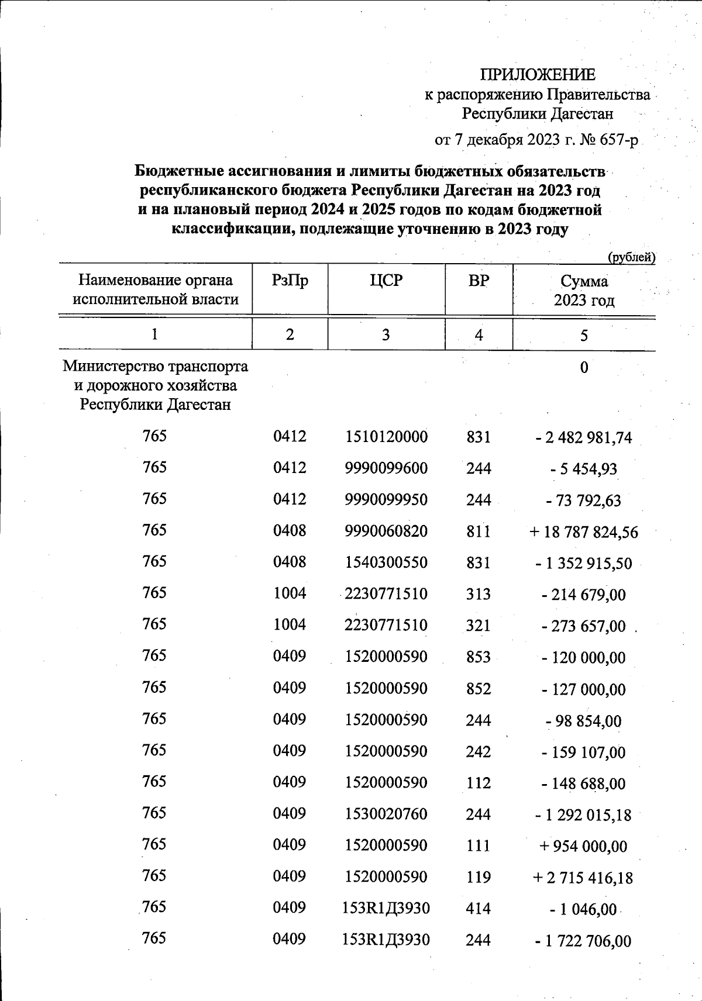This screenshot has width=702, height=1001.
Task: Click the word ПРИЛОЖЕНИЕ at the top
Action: [538, 74]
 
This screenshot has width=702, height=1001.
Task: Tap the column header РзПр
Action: [290, 281]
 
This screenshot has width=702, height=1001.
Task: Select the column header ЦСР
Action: [386, 281]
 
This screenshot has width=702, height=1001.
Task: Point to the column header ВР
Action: [479, 281]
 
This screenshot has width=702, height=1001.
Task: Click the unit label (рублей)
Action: [631, 257]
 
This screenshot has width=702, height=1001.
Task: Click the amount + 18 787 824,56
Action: [584, 532]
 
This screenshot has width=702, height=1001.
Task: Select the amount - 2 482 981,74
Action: [584, 438]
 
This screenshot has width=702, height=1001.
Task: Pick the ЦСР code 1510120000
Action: [386, 437]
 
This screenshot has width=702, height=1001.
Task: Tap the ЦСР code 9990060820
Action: [386, 531]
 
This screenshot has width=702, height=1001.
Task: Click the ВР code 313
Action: [479, 594]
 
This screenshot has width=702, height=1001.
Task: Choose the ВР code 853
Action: [479, 657]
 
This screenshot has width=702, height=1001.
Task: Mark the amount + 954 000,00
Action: [584, 846]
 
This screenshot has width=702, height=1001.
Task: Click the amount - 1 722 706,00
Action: [584, 941]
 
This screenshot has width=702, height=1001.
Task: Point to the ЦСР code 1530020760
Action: [386, 814]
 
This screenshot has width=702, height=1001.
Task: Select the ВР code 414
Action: [479, 909]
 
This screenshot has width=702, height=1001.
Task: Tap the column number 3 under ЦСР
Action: [386, 334]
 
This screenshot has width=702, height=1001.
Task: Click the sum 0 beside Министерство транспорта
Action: [584, 368]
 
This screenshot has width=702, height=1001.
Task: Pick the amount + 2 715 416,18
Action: [584, 878]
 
